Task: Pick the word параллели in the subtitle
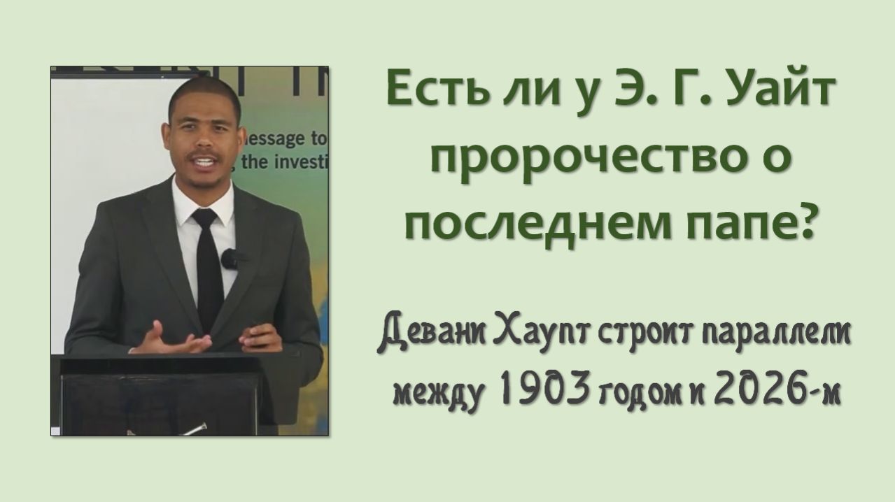[x=772, y=339]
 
